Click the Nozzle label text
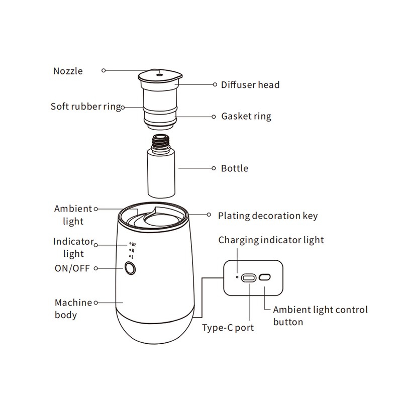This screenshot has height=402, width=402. point(68,71)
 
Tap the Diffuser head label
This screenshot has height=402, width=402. point(250,84)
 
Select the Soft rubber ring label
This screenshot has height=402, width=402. point(85,107)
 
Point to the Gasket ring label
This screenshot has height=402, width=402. point(246,117)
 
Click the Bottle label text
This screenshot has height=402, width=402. point(235,168)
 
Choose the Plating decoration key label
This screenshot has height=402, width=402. point(268,216)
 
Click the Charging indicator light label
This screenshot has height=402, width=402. point(271,240)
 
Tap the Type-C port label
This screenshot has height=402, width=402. point(228,328)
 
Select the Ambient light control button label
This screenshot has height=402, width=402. point(320,316)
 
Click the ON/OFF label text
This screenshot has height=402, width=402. point(72,268)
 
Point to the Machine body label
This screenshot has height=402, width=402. point(73,309)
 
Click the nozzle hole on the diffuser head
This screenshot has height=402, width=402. point(160,75)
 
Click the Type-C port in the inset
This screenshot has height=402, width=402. point(249,278)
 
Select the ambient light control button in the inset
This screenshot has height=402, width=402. point(265,277)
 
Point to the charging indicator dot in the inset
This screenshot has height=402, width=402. point(237,277)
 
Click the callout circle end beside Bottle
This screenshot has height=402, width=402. point(214,168)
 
